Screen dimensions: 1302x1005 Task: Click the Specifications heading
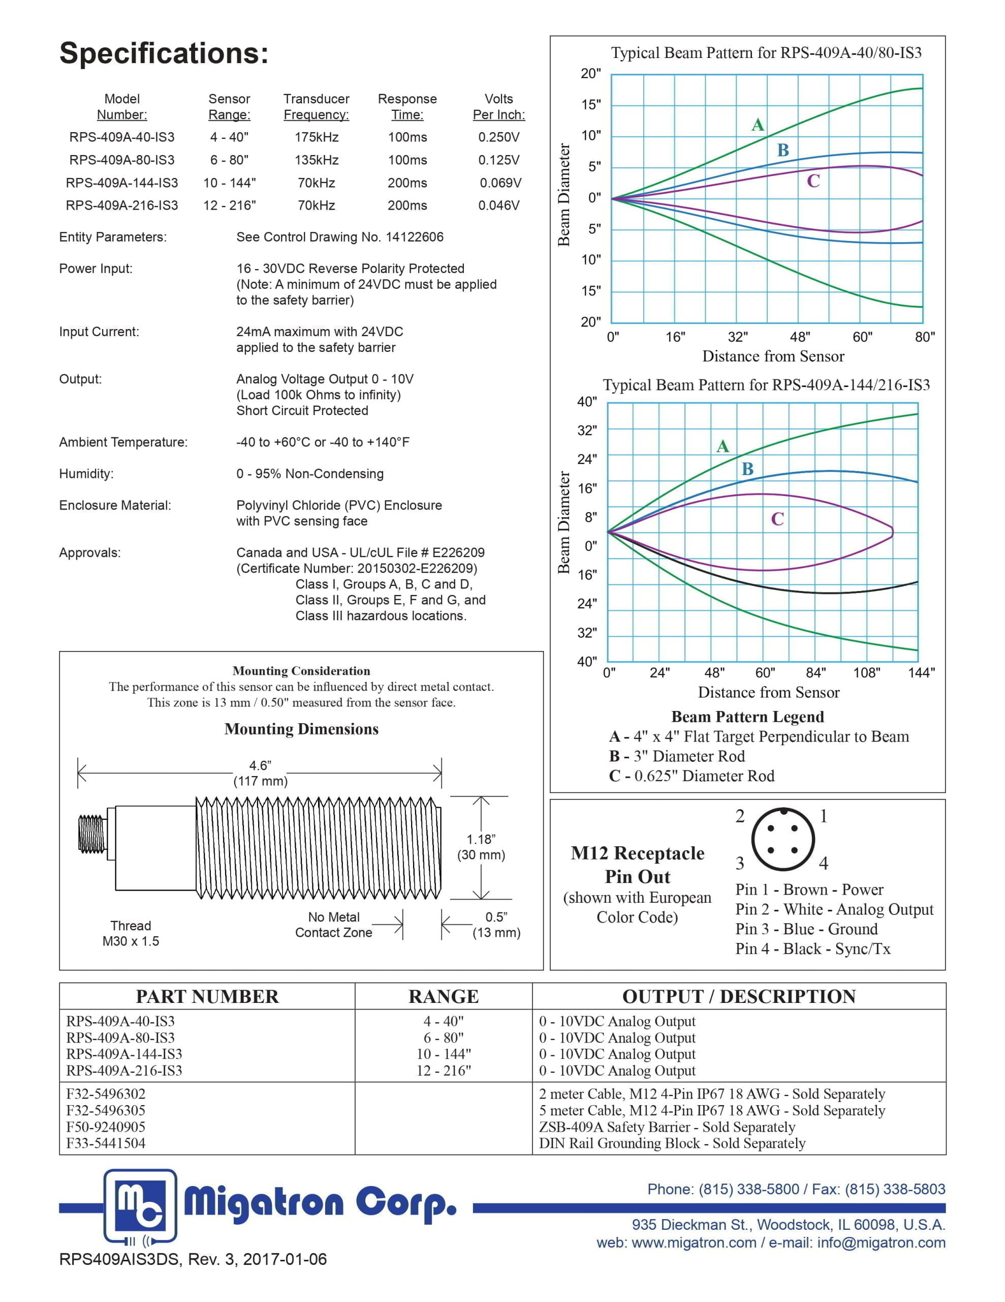[x=164, y=53]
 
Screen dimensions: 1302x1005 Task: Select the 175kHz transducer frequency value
[x=317, y=137]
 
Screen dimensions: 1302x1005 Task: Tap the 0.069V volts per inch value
[x=500, y=183]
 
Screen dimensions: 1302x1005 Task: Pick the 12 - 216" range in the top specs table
[x=229, y=205]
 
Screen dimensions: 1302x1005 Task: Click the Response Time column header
[x=407, y=107]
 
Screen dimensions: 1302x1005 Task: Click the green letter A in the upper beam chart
[x=757, y=125]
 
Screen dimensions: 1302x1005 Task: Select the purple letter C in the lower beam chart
[x=777, y=519]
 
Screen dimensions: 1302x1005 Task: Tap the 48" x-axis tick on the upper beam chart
[x=799, y=337]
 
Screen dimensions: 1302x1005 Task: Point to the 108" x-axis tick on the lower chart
[x=866, y=673]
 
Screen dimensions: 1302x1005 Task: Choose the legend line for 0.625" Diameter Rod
[x=691, y=776]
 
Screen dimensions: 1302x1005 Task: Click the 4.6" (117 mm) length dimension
[x=260, y=773]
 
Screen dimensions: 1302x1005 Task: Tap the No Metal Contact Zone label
[x=334, y=925]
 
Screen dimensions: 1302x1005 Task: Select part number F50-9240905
[x=106, y=1127]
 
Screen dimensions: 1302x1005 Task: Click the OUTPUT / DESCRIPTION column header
[x=738, y=996]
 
